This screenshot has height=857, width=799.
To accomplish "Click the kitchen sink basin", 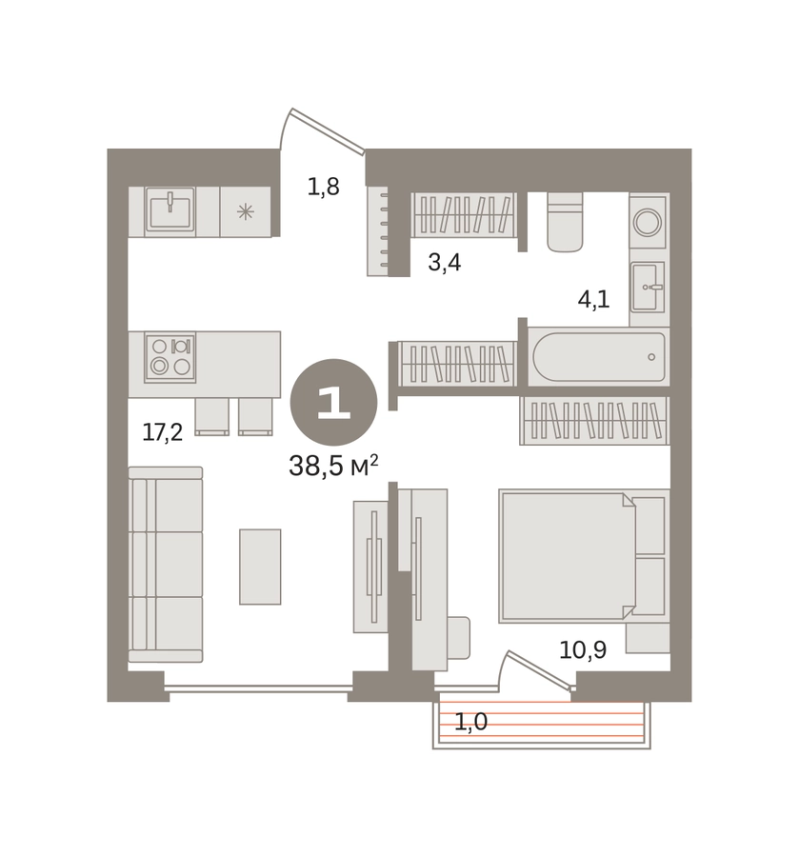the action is tap(170, 209).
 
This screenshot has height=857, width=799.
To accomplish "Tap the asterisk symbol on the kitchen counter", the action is tap(246, 211).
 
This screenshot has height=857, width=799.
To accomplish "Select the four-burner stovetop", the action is tap(170, 357).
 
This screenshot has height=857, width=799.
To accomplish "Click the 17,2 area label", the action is tap(162, 432).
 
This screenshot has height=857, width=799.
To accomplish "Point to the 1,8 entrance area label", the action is tap(323, 187).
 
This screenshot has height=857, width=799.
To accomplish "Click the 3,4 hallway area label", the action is tap(445, 263).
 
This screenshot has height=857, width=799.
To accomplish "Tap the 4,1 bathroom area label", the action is tap(593, 300).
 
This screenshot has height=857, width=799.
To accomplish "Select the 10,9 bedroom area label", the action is tap(583, 649).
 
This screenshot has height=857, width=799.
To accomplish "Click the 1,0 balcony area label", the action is tap(470, 722).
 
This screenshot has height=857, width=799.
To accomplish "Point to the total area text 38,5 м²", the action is tap(333, 466).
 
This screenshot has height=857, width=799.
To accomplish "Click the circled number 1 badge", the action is tap(333, 402).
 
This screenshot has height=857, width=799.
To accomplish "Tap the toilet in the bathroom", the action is tap(565, 222).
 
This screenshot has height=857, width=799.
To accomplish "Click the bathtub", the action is tap(599, 356).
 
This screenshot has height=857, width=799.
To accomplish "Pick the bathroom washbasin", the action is tap(648, 287).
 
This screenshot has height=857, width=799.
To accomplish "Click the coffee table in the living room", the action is tap(260, 567).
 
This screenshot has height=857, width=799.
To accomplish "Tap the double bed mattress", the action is tap(568, 556).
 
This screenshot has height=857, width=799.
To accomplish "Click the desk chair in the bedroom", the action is tap(458, 637).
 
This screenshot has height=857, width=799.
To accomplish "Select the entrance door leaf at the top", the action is tap(328, 131).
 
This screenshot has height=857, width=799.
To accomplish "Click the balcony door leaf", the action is tap(541, 668).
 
